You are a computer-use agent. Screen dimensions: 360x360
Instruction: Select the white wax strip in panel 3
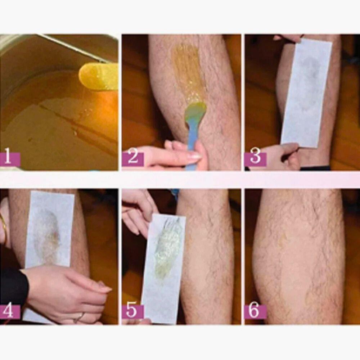[x=306, y=93]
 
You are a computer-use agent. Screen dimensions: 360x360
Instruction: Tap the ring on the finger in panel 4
[x=79, y=318]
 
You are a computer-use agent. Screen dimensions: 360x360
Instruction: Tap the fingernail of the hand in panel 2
[x=195, y=157]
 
